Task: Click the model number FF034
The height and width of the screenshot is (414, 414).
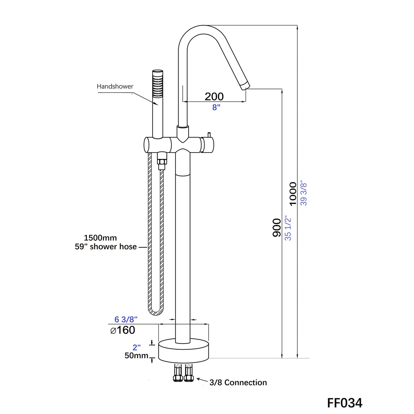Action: click(345, 403)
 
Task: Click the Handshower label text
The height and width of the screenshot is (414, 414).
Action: click(115, 86)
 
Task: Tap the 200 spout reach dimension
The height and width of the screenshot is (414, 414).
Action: click(214, 97)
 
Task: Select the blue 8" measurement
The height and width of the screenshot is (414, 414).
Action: click(216, 107)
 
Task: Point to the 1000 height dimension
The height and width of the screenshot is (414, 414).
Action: click(293, 194)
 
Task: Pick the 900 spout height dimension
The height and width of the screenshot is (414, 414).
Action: click(277, 227)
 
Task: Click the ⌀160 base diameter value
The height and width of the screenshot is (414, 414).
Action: click(123, 330)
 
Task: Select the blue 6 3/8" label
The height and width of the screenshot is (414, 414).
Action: click(126, 319)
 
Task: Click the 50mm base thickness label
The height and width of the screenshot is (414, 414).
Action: click(136, 356)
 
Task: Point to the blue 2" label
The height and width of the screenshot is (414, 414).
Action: click(137, 347)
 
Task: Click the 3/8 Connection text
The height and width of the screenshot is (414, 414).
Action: click(238, 382)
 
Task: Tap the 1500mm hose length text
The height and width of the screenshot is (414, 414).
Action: click(100, 238)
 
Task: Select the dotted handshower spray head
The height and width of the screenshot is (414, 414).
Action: click(158, 84)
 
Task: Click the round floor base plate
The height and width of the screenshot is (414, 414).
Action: click(183, 352)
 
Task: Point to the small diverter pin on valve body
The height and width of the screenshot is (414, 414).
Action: click(209, 135)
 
